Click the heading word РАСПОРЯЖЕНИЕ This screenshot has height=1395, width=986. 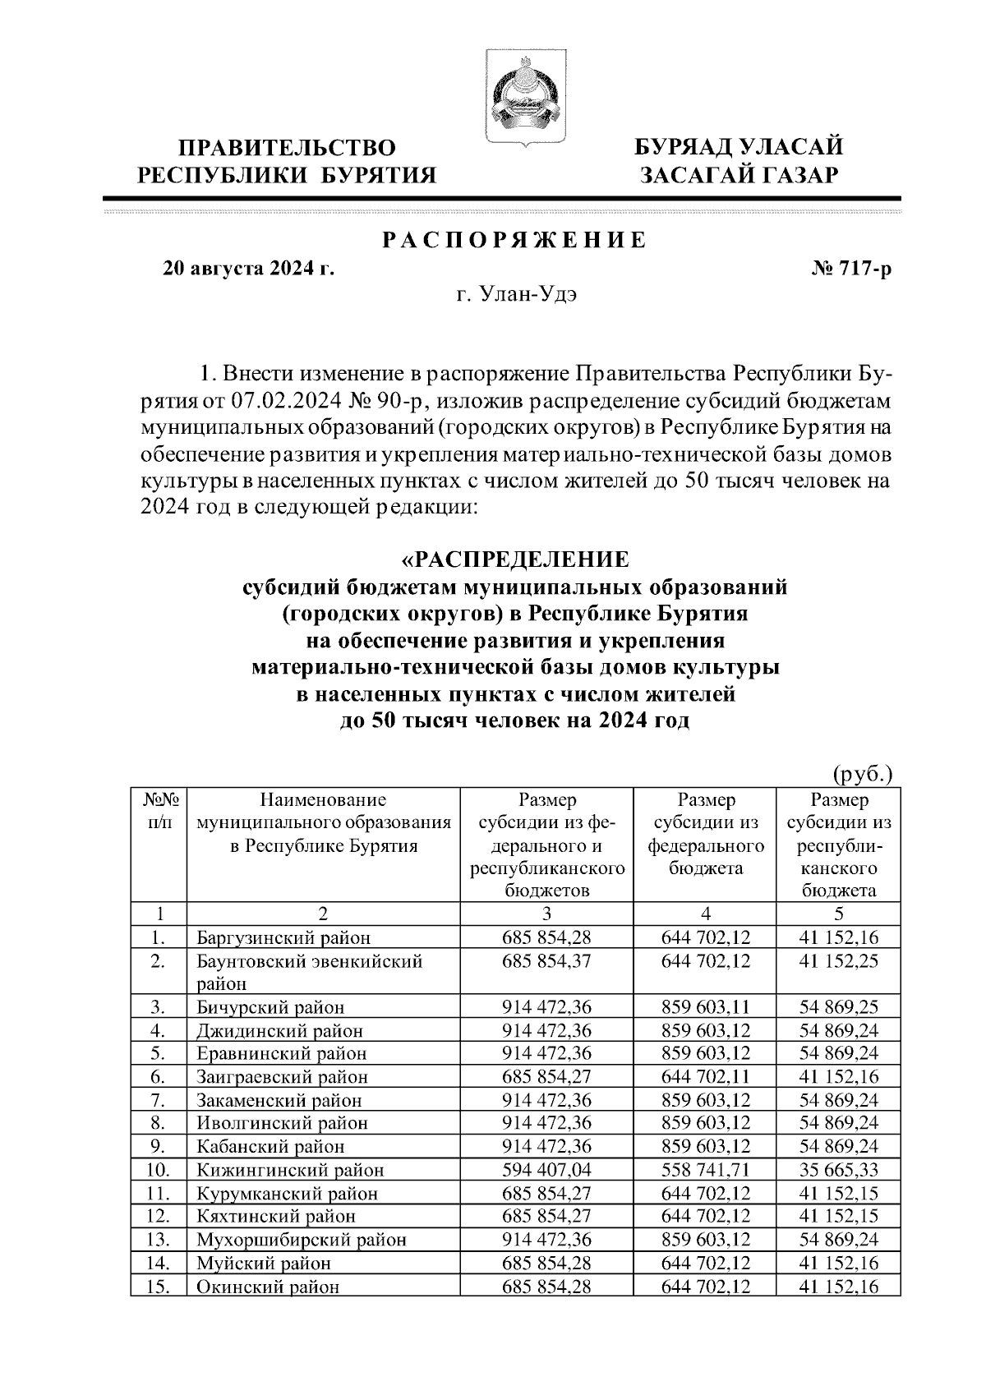514,241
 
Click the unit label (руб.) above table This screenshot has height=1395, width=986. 862,773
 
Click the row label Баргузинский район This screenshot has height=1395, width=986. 283,937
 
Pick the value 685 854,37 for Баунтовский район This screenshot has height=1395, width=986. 547,960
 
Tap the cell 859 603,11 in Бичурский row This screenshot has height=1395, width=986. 706,1007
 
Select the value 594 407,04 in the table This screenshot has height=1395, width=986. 547,1170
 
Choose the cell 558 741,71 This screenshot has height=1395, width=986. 706,1170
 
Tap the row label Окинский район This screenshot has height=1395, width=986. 267,1287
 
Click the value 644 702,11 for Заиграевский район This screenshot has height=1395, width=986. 706,1077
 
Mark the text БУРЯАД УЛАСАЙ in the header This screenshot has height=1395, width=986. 738,149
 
